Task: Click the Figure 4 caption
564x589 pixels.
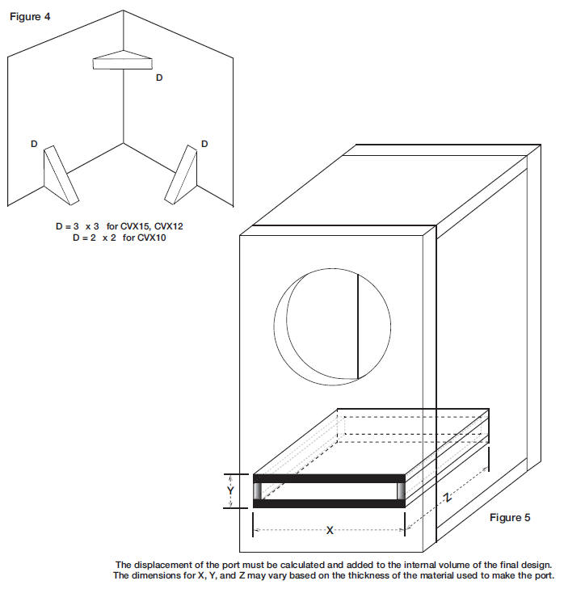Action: click(x=30, y=16)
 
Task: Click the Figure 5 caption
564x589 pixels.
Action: click(x=510, y=517)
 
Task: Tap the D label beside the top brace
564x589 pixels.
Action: click(x=159, y=78)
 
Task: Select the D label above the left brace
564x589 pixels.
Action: click(x=34, y=144)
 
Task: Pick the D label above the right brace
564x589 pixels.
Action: click(x=204, y=144)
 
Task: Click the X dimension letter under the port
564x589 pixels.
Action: click(x=330, y=530)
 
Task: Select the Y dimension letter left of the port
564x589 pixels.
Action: click(x=230, y=490)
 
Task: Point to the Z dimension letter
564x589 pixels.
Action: click(x=447, y=498)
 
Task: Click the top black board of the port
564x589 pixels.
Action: click(x=329, y=478)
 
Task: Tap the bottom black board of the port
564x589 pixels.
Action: click(x=329, y=503)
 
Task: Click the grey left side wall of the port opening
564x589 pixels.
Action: click(x=257, y=491)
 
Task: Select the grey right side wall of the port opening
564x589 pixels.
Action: click(x=401, y=491)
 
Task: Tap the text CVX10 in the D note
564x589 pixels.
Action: click(x=151, y=238)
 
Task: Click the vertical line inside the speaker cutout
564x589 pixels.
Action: click(x=358, y=326)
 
